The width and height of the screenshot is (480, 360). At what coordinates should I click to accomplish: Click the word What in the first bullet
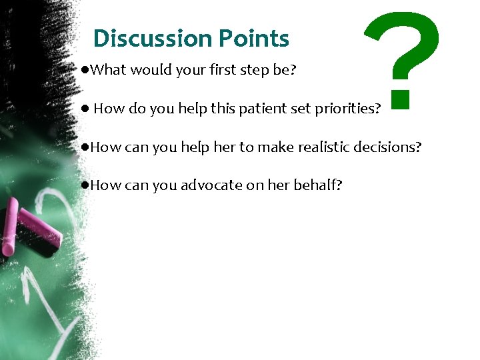pos(108,70)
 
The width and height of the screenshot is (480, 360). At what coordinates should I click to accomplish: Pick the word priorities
pos(347,109)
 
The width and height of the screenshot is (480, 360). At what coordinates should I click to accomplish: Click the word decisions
pos(387,147)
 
